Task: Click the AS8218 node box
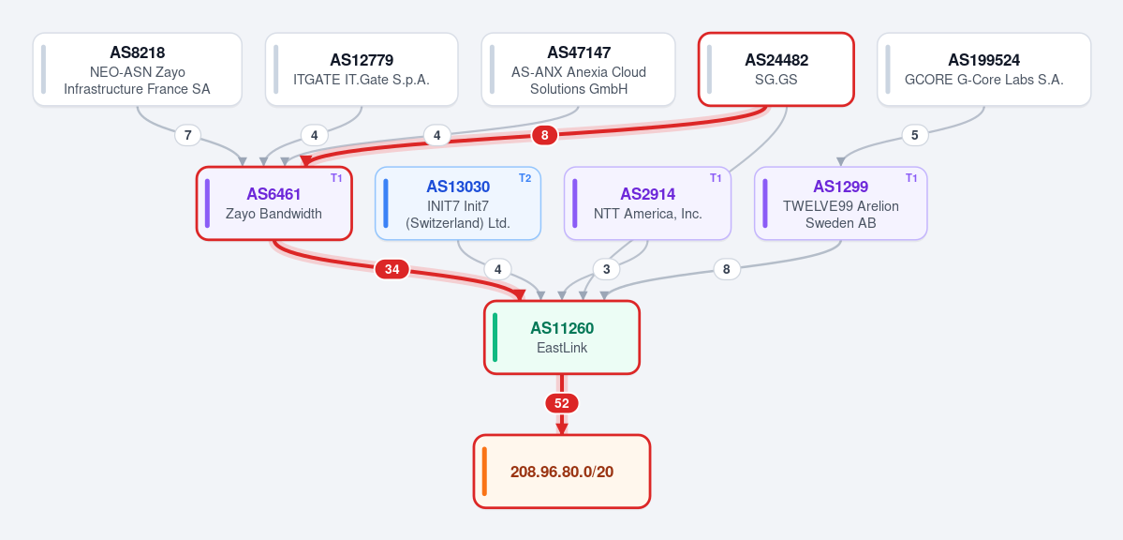[x=138, y=69]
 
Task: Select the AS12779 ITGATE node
[x=362, y=69]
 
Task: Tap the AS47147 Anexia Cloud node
[x=578, y=69]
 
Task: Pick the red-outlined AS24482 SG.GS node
[x=776, y=69]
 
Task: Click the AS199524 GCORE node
[x=984, y=69]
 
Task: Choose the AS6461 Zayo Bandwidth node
[x=274, y=203]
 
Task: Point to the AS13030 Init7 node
[x=458, y=203]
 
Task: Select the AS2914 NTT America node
[x=647, y=203]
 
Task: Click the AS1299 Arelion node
[x=841, y=203]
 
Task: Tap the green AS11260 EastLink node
[x=562, y=337]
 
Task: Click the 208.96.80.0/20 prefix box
[x=562, y=472]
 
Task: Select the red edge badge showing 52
[x=562, y=404]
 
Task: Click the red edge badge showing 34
[x=392, y=270]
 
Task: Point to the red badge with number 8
[x=545, y=135]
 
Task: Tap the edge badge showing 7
[x=187, y=135]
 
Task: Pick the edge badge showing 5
[x=914, y=135]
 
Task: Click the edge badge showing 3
[x=607, y=270]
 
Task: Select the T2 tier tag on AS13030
[x=525, y=178]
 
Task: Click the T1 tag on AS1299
[x=911, y=178]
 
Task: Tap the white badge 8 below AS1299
[x=727, y=270]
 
